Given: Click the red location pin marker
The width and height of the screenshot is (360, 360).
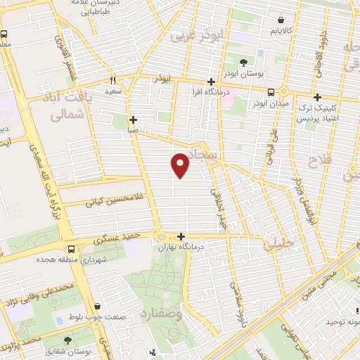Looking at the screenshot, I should (x=181, y=165).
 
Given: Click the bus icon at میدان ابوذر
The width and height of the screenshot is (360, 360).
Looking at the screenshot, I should (x=271, y=92).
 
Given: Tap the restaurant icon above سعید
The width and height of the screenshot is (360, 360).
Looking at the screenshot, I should (x=112, y=80).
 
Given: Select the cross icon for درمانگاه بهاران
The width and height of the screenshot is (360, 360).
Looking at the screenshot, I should (x=181, y=237).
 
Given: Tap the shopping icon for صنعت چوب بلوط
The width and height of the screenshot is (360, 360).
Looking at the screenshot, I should (x=105, y=307).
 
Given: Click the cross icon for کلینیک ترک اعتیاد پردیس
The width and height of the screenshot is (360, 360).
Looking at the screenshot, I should (x=318, y=97).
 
